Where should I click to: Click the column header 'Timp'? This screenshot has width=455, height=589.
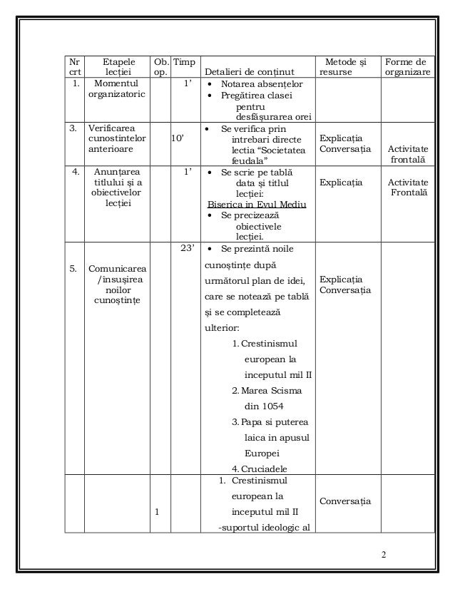click(x=185, y=63)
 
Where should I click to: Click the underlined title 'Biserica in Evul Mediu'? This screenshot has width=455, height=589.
click(x=256, y=204)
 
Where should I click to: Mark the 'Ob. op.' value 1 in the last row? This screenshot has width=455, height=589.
click(x=157, y=512)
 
